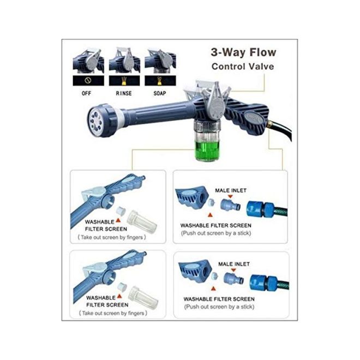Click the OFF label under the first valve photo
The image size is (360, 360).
tap(86, 93)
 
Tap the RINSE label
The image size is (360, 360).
tap(124, 93)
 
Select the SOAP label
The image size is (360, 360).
tap(160, 93)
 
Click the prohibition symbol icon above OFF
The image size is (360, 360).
tap(88, 80)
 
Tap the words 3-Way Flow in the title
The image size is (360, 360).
tap(243, 52)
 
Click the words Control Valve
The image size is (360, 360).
tap(243, 67)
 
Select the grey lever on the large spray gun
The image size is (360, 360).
tap(216, 101)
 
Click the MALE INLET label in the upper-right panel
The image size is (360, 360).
tap(231, 190)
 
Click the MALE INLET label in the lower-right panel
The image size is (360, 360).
tap(233, 264)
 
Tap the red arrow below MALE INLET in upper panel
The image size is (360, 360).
tap(230, 196)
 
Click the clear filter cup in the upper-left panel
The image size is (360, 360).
tap(142, 221)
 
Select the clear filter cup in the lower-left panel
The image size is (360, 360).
tap(143, 297)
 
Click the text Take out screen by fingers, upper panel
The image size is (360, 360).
tap(112, 237)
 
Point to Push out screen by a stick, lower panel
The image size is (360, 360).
tap(219, 307)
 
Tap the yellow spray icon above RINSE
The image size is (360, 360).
tap(124, 81)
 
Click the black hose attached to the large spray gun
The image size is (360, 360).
tap(281, 131)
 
